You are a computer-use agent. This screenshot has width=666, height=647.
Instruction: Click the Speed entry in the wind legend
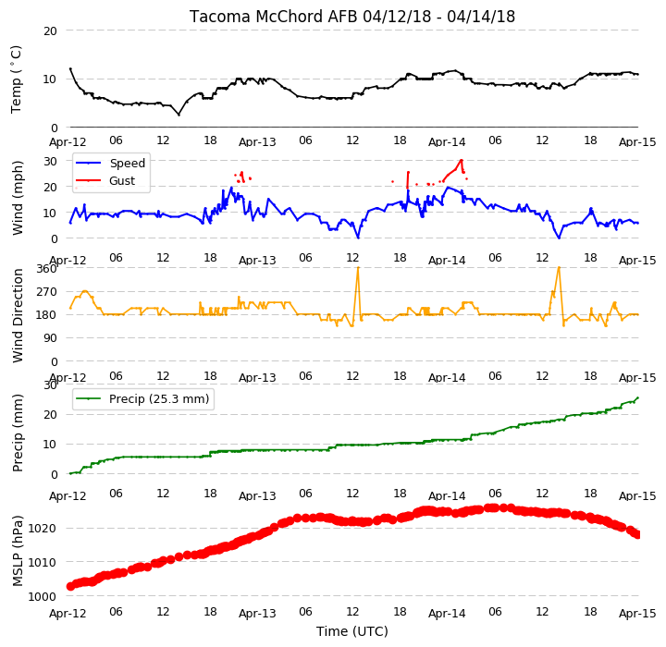(128, 163)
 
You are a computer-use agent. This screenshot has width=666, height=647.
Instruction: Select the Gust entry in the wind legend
(122, 181)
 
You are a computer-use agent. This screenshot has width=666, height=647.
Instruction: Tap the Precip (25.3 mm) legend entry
(159, 399)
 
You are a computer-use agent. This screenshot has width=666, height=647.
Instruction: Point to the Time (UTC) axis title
(352, 631)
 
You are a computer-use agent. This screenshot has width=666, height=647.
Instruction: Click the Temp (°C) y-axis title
(16, 79)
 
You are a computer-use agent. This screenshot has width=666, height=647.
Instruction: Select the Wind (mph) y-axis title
(17, 198)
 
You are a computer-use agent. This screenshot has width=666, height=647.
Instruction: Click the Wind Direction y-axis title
(18, 315)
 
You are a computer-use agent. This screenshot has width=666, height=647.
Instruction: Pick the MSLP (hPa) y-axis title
(17, 551)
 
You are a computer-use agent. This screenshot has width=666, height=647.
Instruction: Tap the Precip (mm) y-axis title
(17, 433)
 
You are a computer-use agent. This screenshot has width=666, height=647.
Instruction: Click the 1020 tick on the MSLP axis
(42, 529)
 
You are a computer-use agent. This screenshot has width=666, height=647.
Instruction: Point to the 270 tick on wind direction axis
(47, 292)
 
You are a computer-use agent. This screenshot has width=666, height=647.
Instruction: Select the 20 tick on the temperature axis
(50, 31)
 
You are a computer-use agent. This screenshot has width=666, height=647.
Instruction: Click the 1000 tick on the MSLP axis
(42, 596)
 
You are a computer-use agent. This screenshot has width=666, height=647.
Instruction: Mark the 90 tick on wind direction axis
(51, 338)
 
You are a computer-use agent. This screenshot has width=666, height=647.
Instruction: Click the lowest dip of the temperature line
(179, 115)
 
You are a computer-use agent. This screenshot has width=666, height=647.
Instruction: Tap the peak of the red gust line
(462, 160)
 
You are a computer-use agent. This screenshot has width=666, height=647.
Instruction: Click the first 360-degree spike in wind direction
(358, 267)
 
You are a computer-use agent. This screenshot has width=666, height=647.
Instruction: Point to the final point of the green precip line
(638, 397)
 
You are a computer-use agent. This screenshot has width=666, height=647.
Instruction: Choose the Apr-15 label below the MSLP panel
(637, 614)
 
